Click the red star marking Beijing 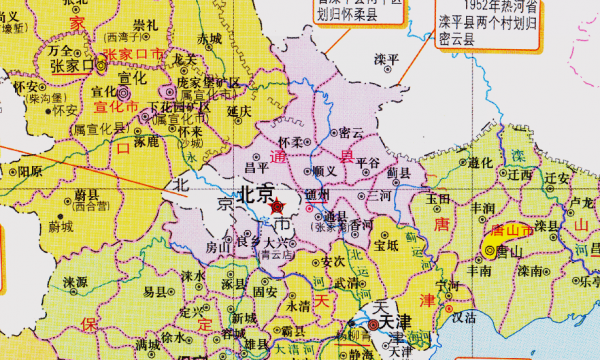point(275,206)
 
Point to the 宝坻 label point(386,241)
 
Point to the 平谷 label point(368,161)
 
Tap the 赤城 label point(209,38)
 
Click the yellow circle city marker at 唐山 point(490,250)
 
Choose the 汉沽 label point(462,317)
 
